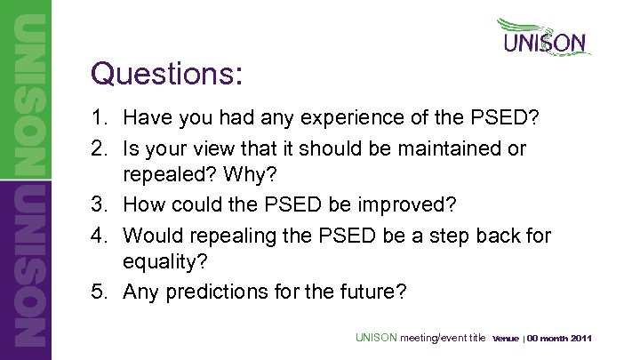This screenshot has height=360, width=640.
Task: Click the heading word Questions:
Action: (x=166, y=74)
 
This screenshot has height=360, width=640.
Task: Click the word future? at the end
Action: (x=372, y=292)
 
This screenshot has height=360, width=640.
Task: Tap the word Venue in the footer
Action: (x=505, y=339)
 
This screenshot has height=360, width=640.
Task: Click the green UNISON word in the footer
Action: (x=377, y=338)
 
